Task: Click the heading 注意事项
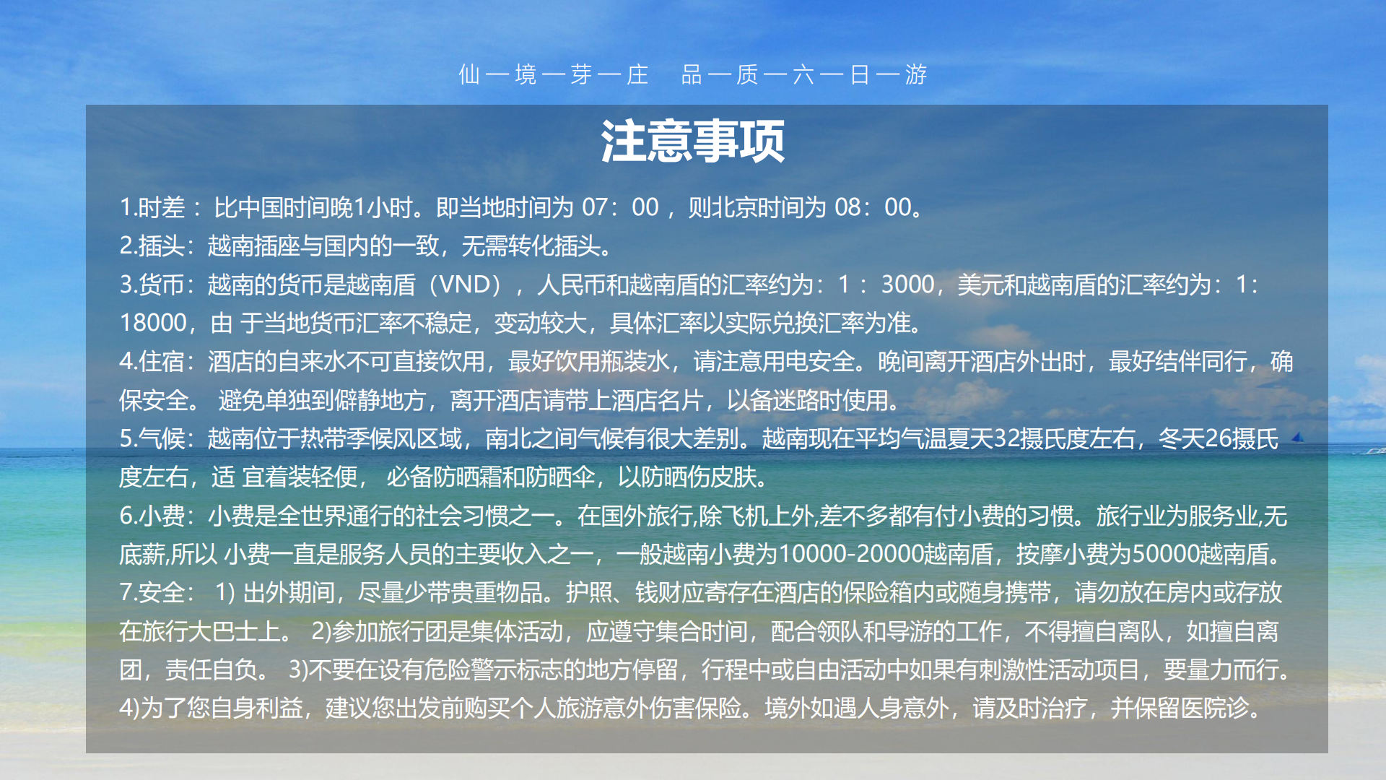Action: tap(692, 141)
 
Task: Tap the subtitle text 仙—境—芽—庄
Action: tap(554, 74)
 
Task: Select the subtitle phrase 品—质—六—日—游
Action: tap(804, 74)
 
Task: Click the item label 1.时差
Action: tap(152, 208)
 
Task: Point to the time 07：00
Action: tap(620, 208)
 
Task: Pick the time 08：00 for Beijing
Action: tap(873, 208)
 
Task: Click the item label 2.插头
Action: tap(152, 246)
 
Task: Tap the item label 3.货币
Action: tap(152, 285)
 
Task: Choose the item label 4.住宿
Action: tap(152, 361)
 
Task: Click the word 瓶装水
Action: tap(635, 361)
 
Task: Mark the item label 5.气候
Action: tap(152, 438)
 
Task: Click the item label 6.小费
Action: tap(152, 516)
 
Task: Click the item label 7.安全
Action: tap(152, 592)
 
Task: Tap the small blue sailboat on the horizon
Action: tap(1297, 437)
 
